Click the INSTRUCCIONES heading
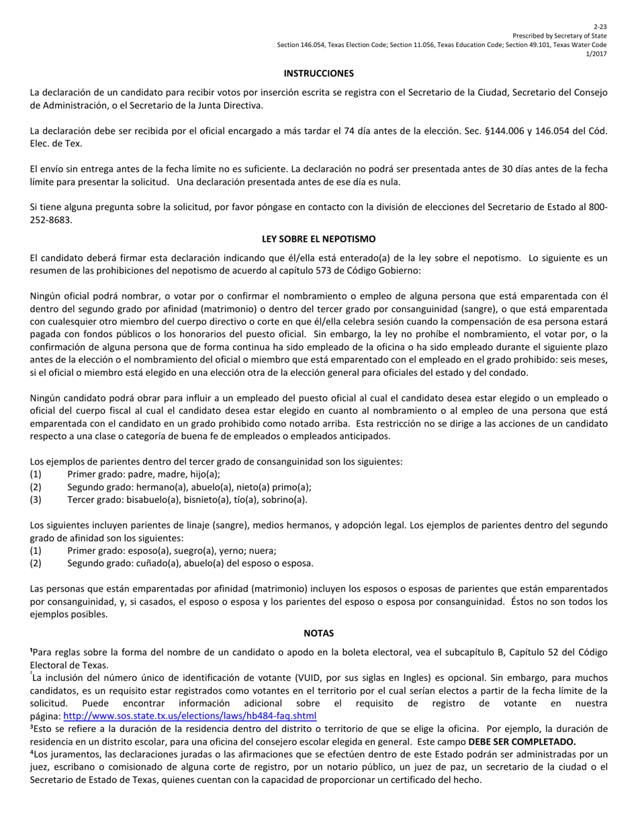318,73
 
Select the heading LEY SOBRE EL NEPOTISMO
318,238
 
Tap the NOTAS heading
318,633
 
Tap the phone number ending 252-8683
51,220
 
